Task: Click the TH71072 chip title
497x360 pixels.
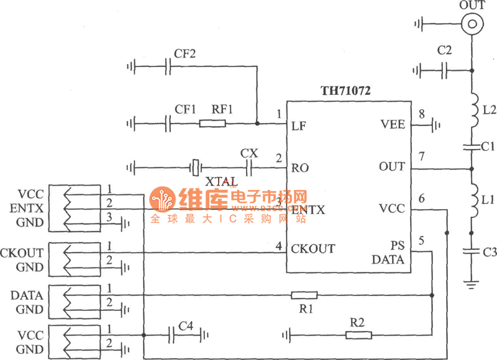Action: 345,91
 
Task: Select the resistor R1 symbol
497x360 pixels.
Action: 304,295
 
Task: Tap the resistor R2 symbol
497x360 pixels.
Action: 358,335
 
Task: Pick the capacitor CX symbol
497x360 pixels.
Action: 250,167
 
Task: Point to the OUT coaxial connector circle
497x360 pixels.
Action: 472,24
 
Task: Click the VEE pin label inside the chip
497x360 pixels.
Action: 392,125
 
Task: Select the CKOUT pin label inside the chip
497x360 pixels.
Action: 313,249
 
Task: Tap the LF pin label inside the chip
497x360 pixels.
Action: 298,125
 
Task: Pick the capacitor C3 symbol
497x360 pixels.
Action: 472,252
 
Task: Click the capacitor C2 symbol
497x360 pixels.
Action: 444,72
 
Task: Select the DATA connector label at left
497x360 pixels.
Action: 27,295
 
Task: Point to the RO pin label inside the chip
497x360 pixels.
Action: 300,168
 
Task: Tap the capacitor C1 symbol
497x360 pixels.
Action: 472,147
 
